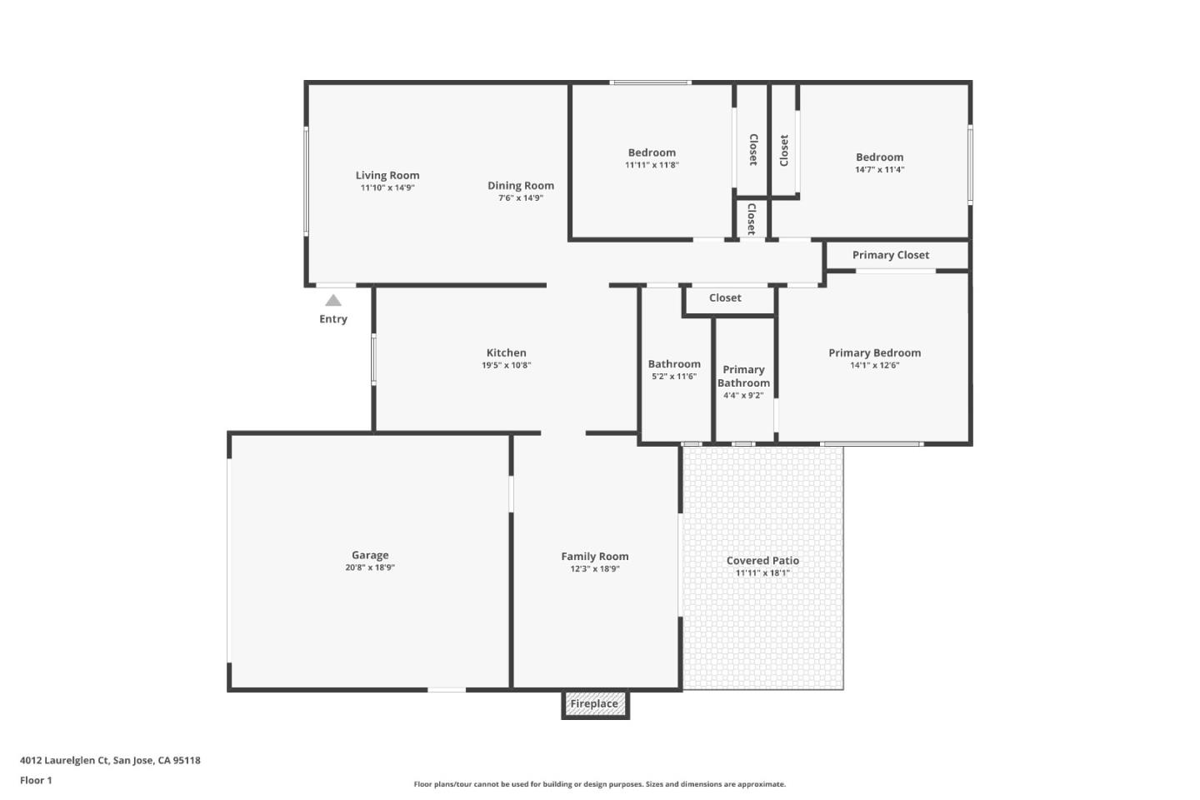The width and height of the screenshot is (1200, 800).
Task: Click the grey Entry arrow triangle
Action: click(x=333, y=301)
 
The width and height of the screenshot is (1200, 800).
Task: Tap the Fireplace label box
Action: click(x=594, y=704)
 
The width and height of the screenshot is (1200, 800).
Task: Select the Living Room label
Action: click(x=387, y=175)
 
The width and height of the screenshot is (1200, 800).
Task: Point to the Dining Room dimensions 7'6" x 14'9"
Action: click(x=521, y=198)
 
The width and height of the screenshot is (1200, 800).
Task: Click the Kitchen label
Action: click(x=506, y=352)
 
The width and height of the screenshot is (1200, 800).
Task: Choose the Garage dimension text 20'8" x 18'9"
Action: click(x=370, y=567)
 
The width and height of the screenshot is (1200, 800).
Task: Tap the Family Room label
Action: click(x=594, y=557)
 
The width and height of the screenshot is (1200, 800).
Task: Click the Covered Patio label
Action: click(x=762, y=561)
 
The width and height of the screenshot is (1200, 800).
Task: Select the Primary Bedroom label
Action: click(x=874, y=352)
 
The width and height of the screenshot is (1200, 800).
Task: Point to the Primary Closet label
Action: click(x=890, y=255)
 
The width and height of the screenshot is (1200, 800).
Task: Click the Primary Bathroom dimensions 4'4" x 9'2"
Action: click(x=743, y=396)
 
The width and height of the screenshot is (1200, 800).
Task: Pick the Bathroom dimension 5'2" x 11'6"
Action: click(x=674, y=377)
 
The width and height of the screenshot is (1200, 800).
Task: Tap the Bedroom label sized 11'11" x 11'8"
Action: click(x=652, y=152)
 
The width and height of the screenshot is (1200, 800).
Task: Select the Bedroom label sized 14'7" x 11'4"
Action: click(x=879, y=157)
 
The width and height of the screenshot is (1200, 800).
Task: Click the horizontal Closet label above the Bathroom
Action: click(x=725, y=297)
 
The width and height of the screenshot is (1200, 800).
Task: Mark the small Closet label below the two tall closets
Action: click(x=751, y=218)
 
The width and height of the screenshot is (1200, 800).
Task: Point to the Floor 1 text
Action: click(x=36, y=781)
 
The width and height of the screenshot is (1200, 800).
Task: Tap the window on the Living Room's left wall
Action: click(x=306, y=180)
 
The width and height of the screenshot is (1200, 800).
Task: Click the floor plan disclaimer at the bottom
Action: click(x=599, y=784)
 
